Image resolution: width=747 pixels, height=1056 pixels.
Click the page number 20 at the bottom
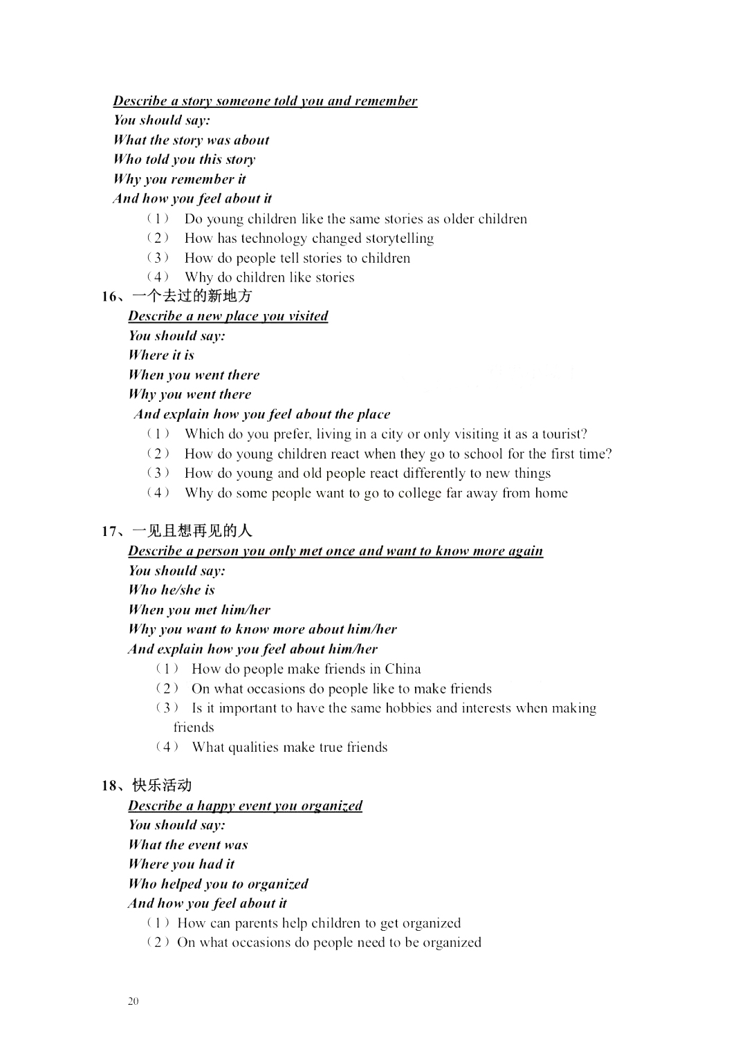[x=133, y=1001]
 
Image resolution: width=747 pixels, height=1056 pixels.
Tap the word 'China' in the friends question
[x=403, y=669]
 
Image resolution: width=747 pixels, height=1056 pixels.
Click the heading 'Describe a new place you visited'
[x=228, y=316]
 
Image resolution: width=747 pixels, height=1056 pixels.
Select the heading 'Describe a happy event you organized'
[x=245, y=806]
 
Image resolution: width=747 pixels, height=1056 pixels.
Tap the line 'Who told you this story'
[x=185, y=160]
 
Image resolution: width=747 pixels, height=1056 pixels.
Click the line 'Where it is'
[x=161, y=355]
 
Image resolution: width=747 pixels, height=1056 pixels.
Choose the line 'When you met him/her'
[x=199, y=610]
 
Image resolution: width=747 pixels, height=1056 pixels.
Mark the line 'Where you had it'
[x=181, y=864]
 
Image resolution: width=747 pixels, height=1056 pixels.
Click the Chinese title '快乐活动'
[x=162, y=786]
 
